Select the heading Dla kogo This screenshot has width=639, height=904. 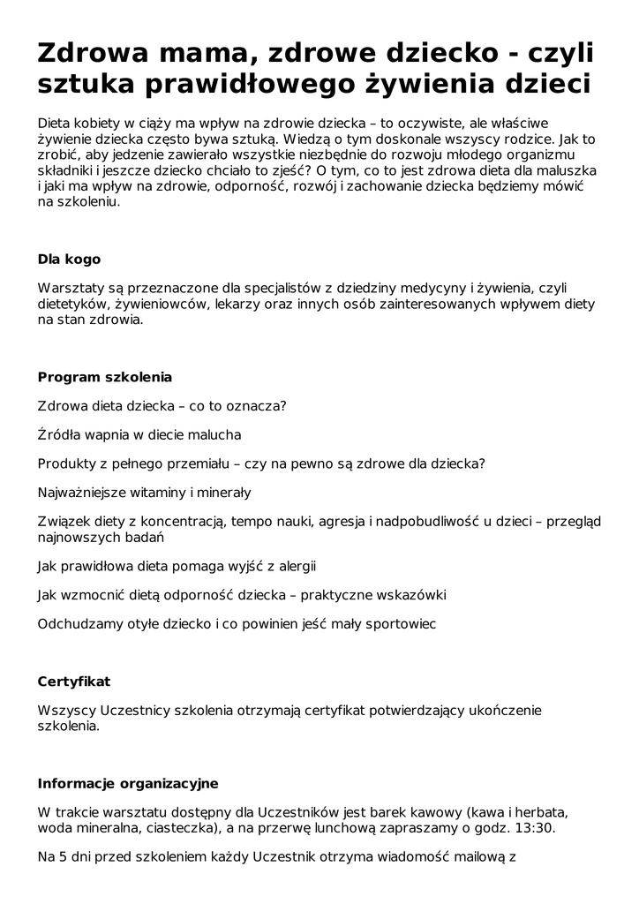click(x=69, y=260)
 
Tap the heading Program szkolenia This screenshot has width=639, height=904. click(x=104, y=377)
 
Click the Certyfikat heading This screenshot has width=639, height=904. click(x=74, y=682)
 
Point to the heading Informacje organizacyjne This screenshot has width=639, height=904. click(x=128, y=783)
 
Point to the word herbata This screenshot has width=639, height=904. click(x=538, y=812)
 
